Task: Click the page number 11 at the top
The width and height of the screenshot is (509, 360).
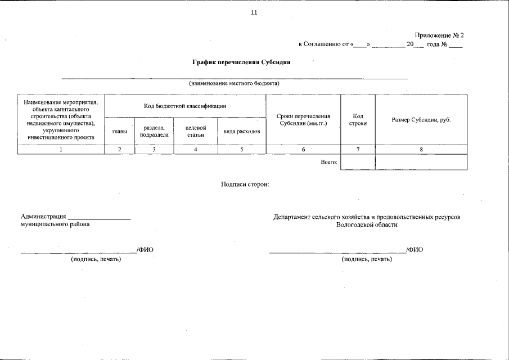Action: tap(254, 13)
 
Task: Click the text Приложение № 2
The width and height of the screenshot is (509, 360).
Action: tap(439, 35)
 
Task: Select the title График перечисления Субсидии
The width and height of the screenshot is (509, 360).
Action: tap(241, 61)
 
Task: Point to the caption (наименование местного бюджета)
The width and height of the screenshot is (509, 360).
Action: tap(234, 84)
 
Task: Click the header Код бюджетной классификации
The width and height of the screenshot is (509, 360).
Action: tap(185, 106)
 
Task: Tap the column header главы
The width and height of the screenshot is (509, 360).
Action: tap(119, 131)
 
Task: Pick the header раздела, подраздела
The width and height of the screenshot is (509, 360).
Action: tap(154, 131)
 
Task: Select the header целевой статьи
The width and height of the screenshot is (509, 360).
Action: tap(195, 131)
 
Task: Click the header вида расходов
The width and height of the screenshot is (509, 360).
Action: tap(242, 131)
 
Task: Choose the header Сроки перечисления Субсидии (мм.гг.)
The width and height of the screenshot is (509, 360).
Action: tap(303, 119)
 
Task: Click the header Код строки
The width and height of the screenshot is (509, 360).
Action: tap(358, 119)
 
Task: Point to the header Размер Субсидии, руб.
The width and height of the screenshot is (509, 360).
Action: tap(421, 120)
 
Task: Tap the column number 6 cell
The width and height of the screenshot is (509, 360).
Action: tap(303, 150)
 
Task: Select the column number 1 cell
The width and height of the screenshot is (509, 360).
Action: tap(61, 150)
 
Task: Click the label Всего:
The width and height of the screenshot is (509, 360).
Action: tap(329, 162)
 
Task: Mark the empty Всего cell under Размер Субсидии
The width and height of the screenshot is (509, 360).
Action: tap(421, 162)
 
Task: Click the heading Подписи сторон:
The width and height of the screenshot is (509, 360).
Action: tap(246, 184)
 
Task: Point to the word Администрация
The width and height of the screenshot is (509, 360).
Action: tap(43, 217)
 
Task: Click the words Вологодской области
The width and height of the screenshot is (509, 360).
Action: tap(367, 224)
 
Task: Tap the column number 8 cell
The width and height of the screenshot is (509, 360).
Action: tap(421, 150)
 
